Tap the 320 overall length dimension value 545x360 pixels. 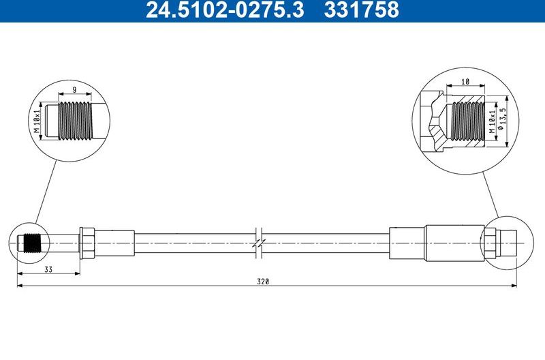pos(264,281)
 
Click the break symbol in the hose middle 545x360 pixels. pos(258,243)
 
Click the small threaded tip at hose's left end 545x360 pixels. pos(31,243)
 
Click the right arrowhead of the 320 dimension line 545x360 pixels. pos(518,286)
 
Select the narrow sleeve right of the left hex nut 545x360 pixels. pos(114,243)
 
